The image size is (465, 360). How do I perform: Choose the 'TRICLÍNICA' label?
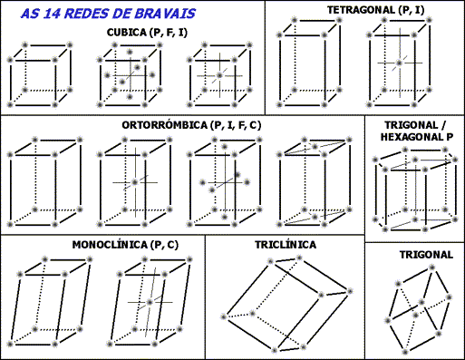coord(286,245)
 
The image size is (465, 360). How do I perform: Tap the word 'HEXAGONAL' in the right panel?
coord(405,137)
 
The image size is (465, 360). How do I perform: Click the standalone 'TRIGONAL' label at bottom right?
coord(425,255)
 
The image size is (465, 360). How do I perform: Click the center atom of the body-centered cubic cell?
coord(220,76)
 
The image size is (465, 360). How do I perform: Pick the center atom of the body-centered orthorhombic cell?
coord(134,183)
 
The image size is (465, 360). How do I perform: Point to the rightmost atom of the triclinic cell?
coord(348,291)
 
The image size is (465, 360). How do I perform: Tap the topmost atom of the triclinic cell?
coord(299,258)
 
